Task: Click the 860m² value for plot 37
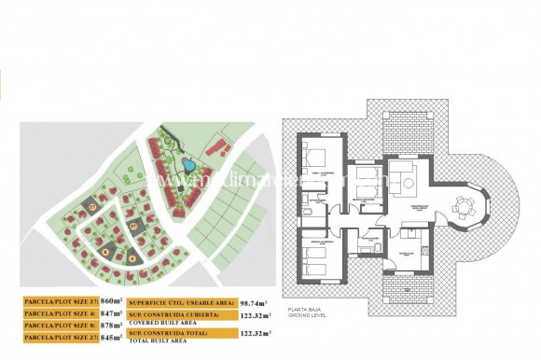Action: click(x=110, y=302)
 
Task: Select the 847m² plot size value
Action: click(x=110, y=314)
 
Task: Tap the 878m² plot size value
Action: click(x=110, y=326)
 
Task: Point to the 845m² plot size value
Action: click(x=110, y=339)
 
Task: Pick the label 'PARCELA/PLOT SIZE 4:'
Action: click(x=58, y=314)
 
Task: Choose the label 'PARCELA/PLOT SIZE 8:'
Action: click(x=58, y=326)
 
